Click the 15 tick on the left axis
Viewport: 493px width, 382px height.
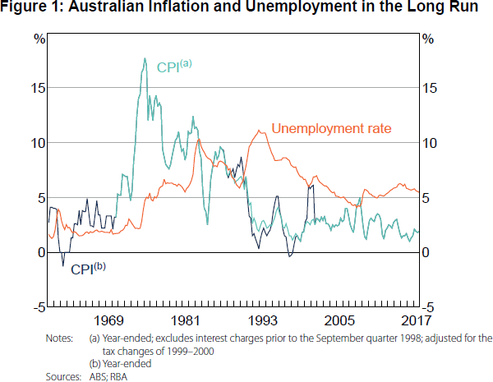pos(39,88)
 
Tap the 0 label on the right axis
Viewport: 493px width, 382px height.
pos(424,252)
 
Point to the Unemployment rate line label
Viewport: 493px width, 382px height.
pos(331,128)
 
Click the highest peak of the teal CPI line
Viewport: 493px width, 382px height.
pos(145,58)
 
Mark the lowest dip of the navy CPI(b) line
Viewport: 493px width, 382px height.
pos(63,265)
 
